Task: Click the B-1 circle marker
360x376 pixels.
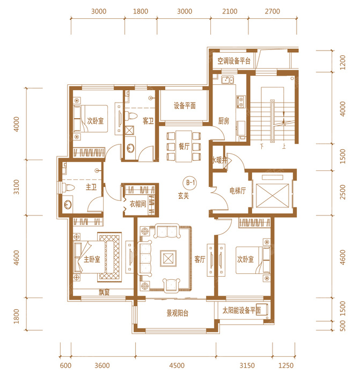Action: click(x=190, y=183)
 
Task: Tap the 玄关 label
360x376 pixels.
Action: click(x=183, y=196)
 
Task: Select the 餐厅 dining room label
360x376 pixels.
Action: click(x=184, y=146)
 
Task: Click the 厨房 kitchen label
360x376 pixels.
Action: click(x=224, y=121)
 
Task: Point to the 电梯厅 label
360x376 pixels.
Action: click(x=238, y=191)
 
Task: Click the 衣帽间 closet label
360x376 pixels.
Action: click(x=138, y=204)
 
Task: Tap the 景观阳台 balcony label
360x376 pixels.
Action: click(x=178, y=313)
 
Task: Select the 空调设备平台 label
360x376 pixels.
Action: click(x=234, y=61)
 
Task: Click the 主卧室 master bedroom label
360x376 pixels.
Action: click(x=92, y=259)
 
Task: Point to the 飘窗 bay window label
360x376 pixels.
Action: click(x=104, y=292)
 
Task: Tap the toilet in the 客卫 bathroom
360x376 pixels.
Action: click(x=131, y=116)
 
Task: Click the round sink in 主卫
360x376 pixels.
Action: click(x=68, y=205)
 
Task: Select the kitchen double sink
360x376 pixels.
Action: click(x=227, y=79)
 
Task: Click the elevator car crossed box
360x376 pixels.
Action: click(x=273, y=196)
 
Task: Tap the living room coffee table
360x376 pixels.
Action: click(x=168, y=258)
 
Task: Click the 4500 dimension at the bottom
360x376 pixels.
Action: click(x=177, y=365)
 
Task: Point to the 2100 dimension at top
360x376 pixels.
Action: click(x=230, y=11)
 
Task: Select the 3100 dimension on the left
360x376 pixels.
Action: click(x=16, y=187)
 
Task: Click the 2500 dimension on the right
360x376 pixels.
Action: click(x=343, y=192)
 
